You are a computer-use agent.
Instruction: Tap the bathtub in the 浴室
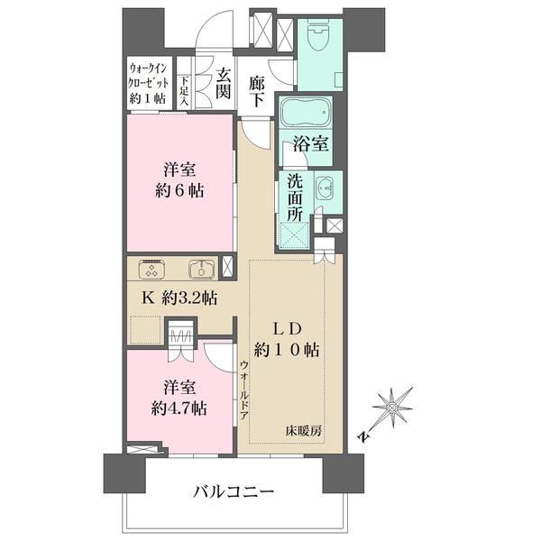[x=306, y=112]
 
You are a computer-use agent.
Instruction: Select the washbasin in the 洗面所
[x=324, y=188]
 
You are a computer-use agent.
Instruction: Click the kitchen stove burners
[x=151, y=269]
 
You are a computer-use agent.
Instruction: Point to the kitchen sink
[x=202, y=269]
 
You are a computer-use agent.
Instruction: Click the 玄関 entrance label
[x=223, y=83]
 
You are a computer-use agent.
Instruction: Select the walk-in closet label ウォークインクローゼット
[x=148, y=84]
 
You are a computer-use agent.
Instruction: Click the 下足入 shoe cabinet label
[x=185, y=91]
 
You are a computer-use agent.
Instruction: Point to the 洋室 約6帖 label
[x=179, y=180]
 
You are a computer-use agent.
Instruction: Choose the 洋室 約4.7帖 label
[x=179, y=399]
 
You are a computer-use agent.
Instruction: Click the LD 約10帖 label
[x=287, y=340]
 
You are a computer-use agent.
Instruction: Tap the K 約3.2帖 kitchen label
[x=179, y=298]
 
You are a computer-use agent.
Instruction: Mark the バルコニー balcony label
[x=234, y=491]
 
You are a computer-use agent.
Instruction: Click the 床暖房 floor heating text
[x=304, y=431]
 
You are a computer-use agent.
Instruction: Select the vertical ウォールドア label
[x=244, y=390]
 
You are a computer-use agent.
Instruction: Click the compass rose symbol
[x=392, y=408]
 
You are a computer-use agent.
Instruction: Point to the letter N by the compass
[x=362, y=436]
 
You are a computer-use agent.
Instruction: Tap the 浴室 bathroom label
[x=310, y=143]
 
